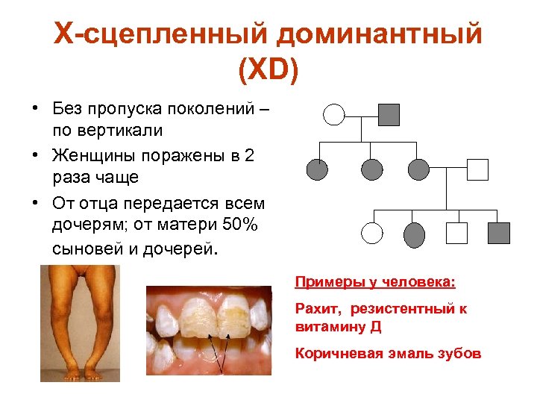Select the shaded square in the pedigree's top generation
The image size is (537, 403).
tap(389, 114)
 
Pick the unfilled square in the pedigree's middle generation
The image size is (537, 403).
tap(477, 170)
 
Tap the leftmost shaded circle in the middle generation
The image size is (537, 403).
tap(318, 170)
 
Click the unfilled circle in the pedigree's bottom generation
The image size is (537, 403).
tap(371, 234)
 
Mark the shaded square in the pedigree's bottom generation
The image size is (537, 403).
tap(498, 233)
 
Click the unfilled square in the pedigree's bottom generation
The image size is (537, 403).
tap(456, 233)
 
